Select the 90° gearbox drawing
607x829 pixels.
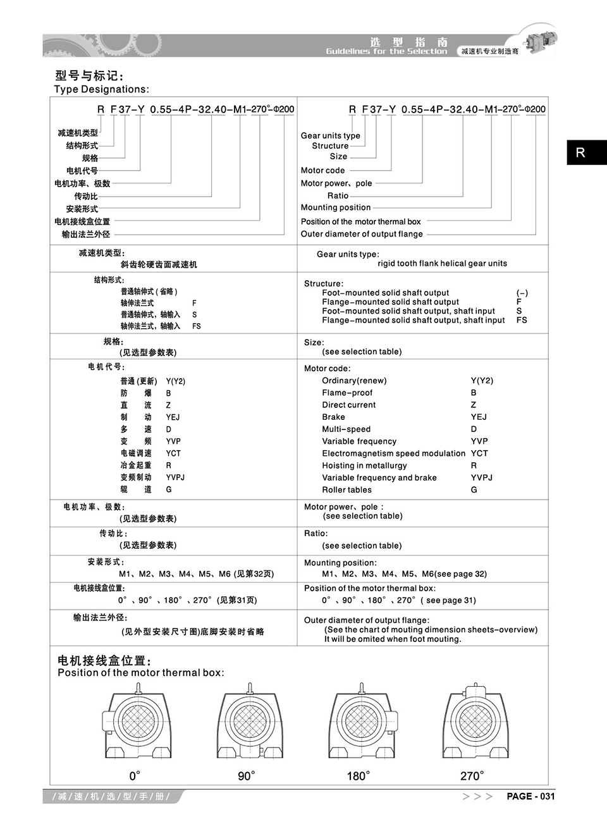click(x=250, y=725)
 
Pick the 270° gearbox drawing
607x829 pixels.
click(x=474, y=724)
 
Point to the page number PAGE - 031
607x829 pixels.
click(x=530, y=796)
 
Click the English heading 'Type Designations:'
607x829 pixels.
click(x=102, y=89)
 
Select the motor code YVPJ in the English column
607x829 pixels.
click(x=482, y=477)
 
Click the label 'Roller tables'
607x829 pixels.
click(x=346, y=490)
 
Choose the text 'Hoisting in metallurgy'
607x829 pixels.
click(x=364, y=465)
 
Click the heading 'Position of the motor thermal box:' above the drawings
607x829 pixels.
click(x=140, y=673)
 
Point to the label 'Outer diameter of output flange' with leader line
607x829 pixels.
click(x=362, y=234)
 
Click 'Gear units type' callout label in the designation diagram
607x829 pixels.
click(x=330, y=135)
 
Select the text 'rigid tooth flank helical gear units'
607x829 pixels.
click(x=442, y=263)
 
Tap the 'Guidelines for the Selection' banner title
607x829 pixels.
click(x=386, y=51)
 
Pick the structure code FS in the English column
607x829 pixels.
click(x=522, y=320)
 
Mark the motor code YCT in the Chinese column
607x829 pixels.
click(x=173, y=453)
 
